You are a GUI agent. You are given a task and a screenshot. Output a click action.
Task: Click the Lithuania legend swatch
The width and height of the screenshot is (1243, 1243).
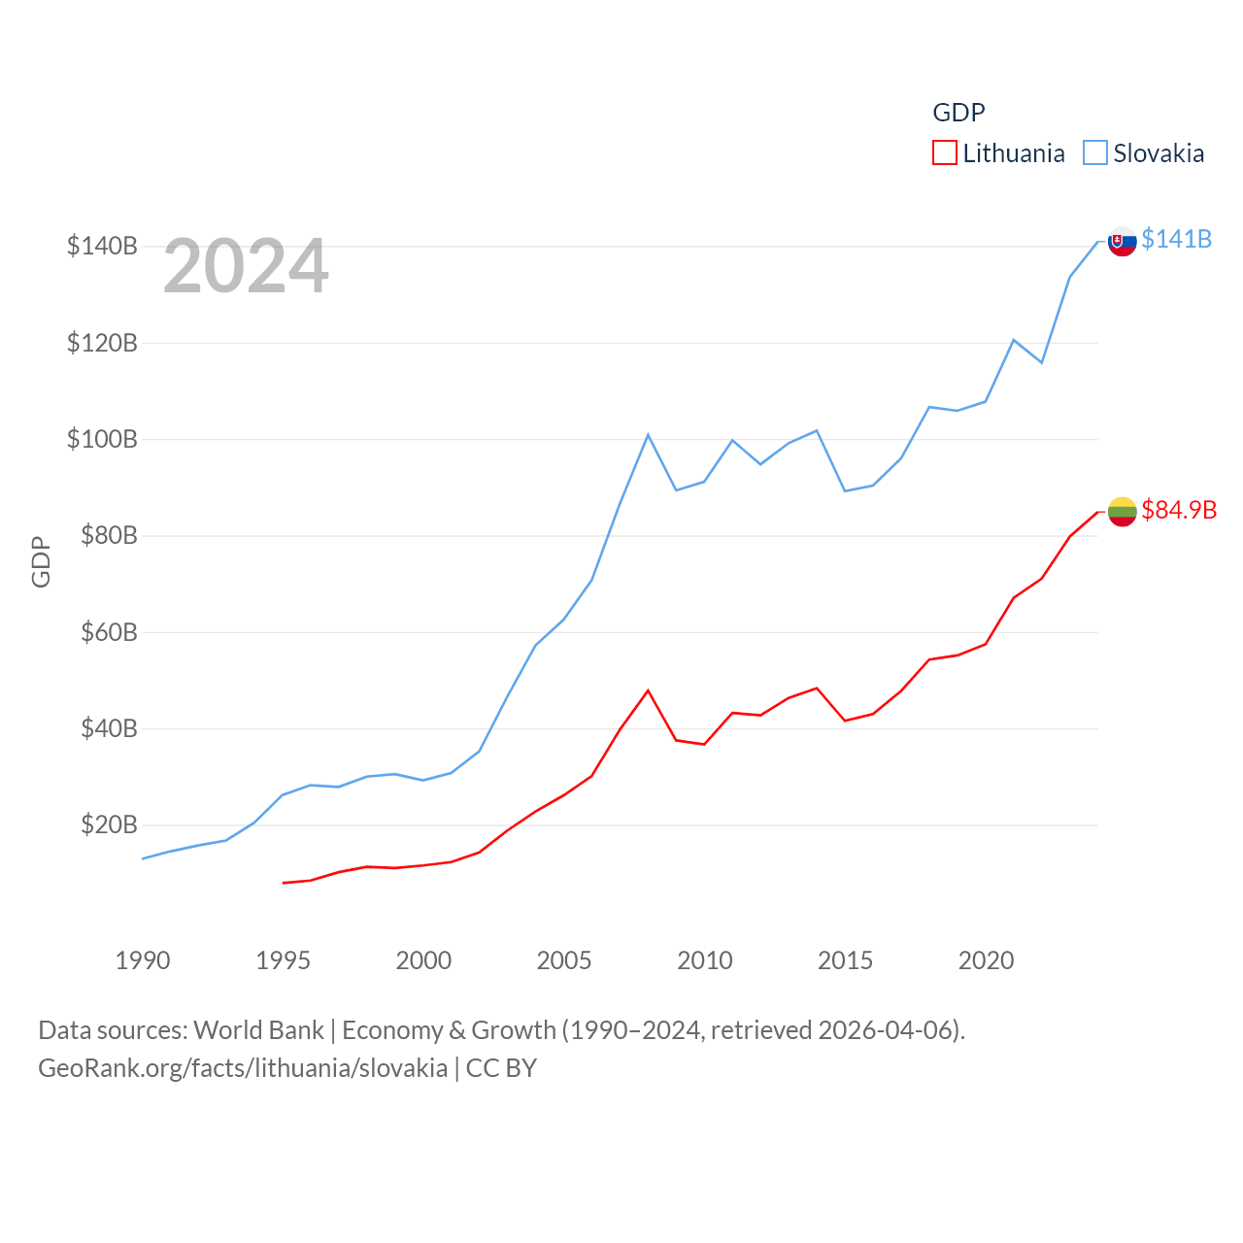click(x=944, y=153)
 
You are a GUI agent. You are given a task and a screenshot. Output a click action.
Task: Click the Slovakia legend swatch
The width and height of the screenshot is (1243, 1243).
click(x=1094, y=153)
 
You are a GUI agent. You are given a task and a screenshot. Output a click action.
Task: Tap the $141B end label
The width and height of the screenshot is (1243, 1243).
click(x=1176, y=239)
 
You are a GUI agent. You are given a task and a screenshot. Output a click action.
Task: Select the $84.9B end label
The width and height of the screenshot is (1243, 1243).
click(x=1179, y=510)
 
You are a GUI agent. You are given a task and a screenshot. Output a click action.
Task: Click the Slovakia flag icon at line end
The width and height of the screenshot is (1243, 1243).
click(x=1122, y=241)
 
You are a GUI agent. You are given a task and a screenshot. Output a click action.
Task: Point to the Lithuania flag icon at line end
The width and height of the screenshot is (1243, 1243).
click(x=1122, y=512)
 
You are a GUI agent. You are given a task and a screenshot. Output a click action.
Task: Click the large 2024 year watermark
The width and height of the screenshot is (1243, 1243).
click(x=246, y=266)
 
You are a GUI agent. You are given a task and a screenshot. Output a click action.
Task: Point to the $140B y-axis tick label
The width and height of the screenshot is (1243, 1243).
click(x=102, y=246)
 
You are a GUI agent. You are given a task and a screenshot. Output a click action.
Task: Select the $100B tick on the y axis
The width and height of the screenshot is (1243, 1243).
click(x=102, y=439)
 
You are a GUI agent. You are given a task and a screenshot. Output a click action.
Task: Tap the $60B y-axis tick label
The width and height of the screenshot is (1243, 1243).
click(x=109, y=632)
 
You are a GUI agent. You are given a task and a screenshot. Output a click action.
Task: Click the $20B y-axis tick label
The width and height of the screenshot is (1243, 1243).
click(x=109, y=824)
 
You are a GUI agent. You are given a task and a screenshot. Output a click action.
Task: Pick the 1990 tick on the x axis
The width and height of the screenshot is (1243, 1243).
click(x=143, y=960)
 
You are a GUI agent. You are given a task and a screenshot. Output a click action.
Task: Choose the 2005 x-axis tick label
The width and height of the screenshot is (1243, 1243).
click(x=564, y=960)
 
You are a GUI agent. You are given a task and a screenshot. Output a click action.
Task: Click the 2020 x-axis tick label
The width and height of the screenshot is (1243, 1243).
click(x=986, y=960)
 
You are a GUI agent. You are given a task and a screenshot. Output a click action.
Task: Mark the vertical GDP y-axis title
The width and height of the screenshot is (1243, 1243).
click(x=41, y=561)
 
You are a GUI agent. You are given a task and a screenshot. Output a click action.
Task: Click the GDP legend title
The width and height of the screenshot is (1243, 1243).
click(x=958, y=113)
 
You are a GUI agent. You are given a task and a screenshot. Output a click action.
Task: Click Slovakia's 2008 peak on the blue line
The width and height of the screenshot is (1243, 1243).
click(x=648, y=435)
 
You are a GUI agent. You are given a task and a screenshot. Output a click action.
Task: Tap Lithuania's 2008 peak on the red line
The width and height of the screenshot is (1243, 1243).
click(x=648, y=690)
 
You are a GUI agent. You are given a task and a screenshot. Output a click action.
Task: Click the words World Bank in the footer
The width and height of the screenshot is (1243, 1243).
click(x=258, y=1029)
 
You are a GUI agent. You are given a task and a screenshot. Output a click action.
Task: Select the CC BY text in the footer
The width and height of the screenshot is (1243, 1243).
click(x=501, y=1068)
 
